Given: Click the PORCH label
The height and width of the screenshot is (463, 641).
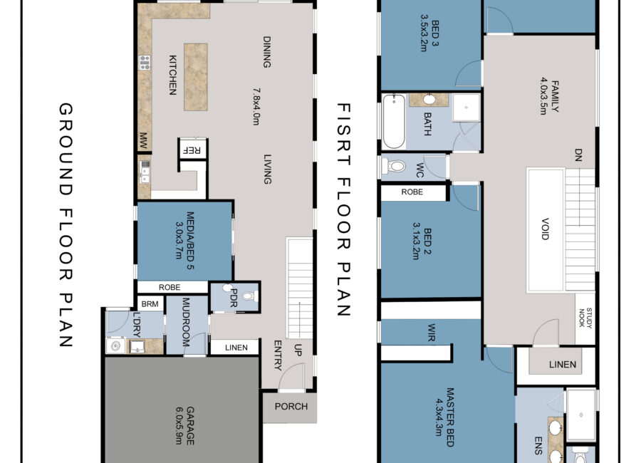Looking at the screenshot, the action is pos(291,407).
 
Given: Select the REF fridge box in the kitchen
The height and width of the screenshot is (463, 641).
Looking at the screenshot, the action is pos(193,150).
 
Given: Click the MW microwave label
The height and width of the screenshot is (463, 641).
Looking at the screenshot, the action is pos(143,140).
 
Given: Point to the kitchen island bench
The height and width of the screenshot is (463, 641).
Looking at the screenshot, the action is pos(195,77).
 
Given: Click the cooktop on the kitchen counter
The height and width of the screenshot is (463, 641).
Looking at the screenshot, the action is pos(145,62).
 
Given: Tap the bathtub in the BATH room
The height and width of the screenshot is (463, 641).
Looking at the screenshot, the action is pos(394,122).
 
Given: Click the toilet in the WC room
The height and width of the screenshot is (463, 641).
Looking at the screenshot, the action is pos(393,166).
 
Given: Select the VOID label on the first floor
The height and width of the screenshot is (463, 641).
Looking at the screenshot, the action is pos(545,229).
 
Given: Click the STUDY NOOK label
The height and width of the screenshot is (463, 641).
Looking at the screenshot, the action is pos(585,318).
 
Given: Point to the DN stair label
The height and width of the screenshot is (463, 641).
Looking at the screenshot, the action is pos(578,155).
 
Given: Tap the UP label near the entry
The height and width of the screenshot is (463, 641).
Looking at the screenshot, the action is pos(298,350).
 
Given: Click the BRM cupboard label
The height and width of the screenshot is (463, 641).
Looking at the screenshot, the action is pos(150,304).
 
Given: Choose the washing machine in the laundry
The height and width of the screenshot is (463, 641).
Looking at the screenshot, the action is pos(115,345).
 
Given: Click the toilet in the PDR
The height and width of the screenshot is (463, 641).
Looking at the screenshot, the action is pos(249,296).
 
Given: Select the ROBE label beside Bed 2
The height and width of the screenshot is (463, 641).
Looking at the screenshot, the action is pos(412,192).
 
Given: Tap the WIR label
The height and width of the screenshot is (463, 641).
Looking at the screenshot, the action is pos(432,332).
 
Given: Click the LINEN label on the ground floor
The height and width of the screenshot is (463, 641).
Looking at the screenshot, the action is pos(236,348).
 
